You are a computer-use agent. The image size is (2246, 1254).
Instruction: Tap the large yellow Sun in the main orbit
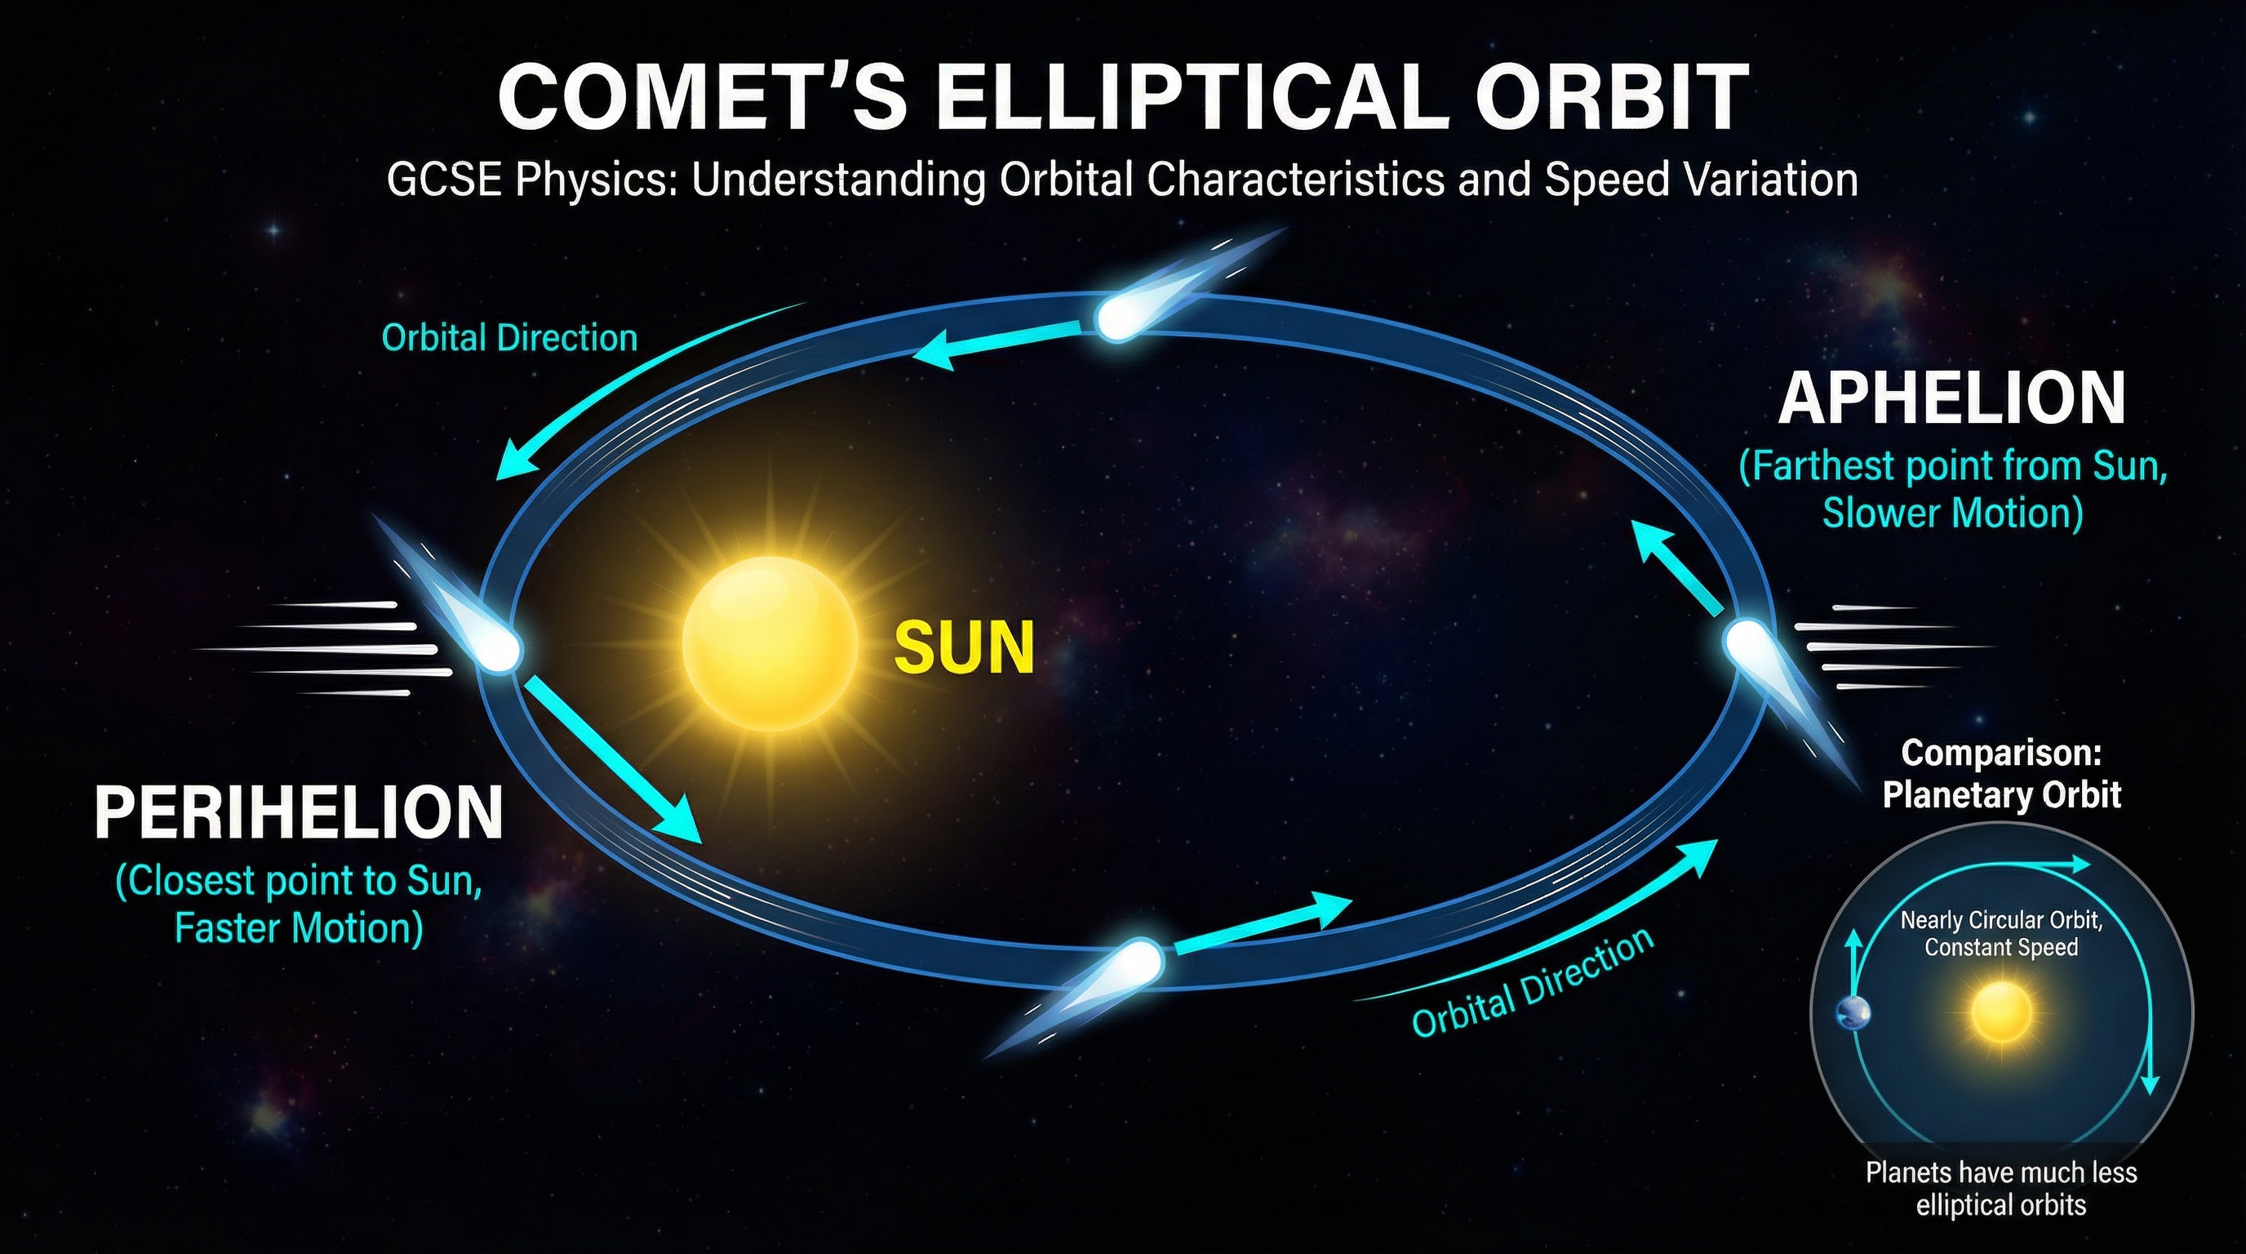769,643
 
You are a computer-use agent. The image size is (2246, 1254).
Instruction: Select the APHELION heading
1951,398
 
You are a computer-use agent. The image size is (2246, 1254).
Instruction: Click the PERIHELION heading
298,813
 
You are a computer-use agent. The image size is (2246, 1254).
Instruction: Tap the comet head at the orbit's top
1117,318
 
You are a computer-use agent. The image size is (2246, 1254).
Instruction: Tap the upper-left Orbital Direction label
509,337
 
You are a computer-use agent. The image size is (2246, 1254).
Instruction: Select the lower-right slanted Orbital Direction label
1532,983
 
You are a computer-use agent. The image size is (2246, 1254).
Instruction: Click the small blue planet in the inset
1853,1012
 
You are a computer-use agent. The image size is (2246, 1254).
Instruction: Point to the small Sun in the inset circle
2000,1012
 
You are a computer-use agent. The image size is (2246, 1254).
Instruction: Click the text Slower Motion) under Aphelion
1952,513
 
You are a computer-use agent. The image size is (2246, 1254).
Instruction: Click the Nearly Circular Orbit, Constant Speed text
2000,933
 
